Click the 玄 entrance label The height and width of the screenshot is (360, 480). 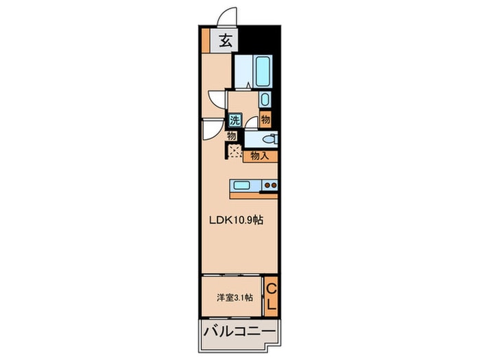(x=224, y=40)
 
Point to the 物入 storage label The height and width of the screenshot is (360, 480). (x=260, y=156)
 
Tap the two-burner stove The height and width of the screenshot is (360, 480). (x=269, y=184)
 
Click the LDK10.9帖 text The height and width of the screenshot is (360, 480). (x=237, y=220)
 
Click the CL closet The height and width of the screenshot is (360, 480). (x=271, y=296)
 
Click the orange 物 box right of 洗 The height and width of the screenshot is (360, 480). (x=265, y=119)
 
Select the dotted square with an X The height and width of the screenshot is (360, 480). (x=235, y=152)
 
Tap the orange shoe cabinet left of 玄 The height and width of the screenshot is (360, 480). (x=206, y=40)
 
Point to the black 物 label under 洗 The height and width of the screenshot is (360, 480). (x=232, y=136)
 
